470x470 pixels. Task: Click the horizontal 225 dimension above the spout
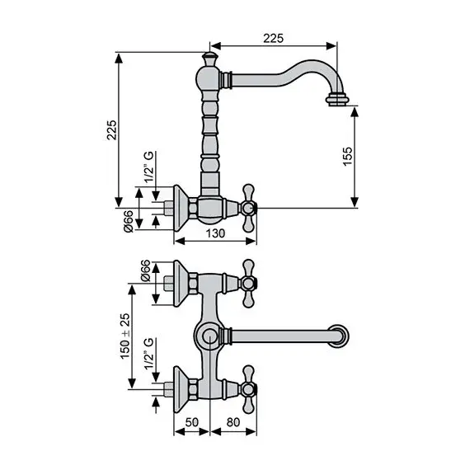274,36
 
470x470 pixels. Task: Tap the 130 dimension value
214,234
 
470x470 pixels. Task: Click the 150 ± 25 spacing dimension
124,334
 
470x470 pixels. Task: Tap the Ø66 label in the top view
145,271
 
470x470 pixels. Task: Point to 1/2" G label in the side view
148,169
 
